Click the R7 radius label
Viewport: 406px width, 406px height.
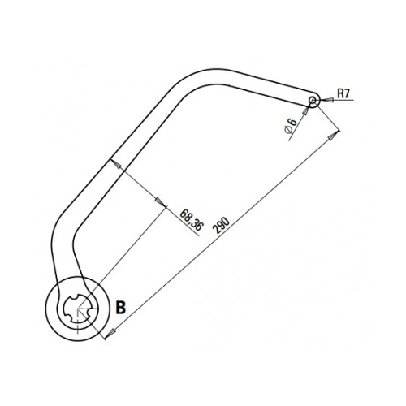tap(343, 93)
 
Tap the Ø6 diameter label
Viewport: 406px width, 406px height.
tap(291, 125)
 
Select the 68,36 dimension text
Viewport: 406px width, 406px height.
tap(191, 219)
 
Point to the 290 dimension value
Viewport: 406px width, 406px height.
tap(221, 225)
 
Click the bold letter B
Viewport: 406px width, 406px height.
tap(121, 308)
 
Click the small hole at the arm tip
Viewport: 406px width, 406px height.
tap(313, 101)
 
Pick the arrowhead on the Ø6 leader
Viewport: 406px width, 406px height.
tap(306, 110)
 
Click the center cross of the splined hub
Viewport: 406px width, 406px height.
tap(78, 309)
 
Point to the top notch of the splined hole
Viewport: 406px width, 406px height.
tap(81, 296)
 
